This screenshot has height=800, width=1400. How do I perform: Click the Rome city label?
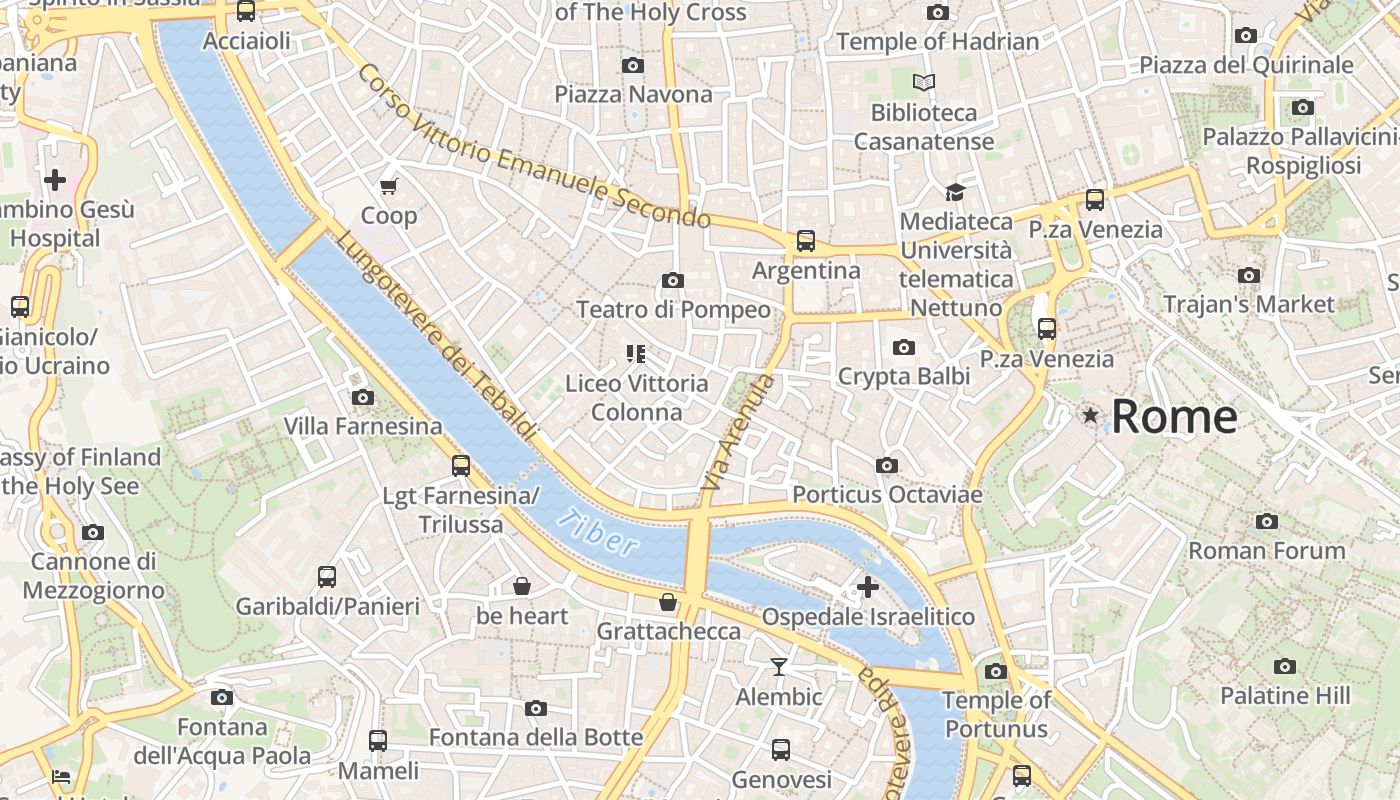[x=1174, y=416]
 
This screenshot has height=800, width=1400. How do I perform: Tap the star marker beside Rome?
[x=1090, y=414]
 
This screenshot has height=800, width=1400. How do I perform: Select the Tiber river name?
[x=598, y=532]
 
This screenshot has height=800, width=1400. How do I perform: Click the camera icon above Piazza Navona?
[x=632, y=66]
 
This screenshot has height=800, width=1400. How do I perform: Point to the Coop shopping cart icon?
[x=389, y=186]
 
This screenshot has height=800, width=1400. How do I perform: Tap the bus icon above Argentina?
[x=806, y=241]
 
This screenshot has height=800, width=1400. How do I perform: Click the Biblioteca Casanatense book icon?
[x=924, y=82]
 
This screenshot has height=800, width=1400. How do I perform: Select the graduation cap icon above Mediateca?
[x=955, y=191]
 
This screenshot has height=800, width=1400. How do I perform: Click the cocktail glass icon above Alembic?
[x=779, y=667]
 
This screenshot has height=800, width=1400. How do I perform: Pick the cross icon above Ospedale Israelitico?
[x=867, y=586]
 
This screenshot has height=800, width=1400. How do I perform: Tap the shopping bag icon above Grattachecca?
[x=668, y=602]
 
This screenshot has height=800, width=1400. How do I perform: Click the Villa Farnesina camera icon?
[x=363, y=398]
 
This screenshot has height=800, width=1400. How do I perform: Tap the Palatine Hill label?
[x=1285, y=696]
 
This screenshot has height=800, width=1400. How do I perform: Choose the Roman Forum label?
[x=1267, y=551]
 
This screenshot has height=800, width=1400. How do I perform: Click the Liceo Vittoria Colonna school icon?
[x=635, y=353]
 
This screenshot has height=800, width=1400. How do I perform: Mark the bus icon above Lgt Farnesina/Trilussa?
[x=461, y=465]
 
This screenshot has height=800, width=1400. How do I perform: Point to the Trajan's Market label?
[x=1249, y=304]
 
